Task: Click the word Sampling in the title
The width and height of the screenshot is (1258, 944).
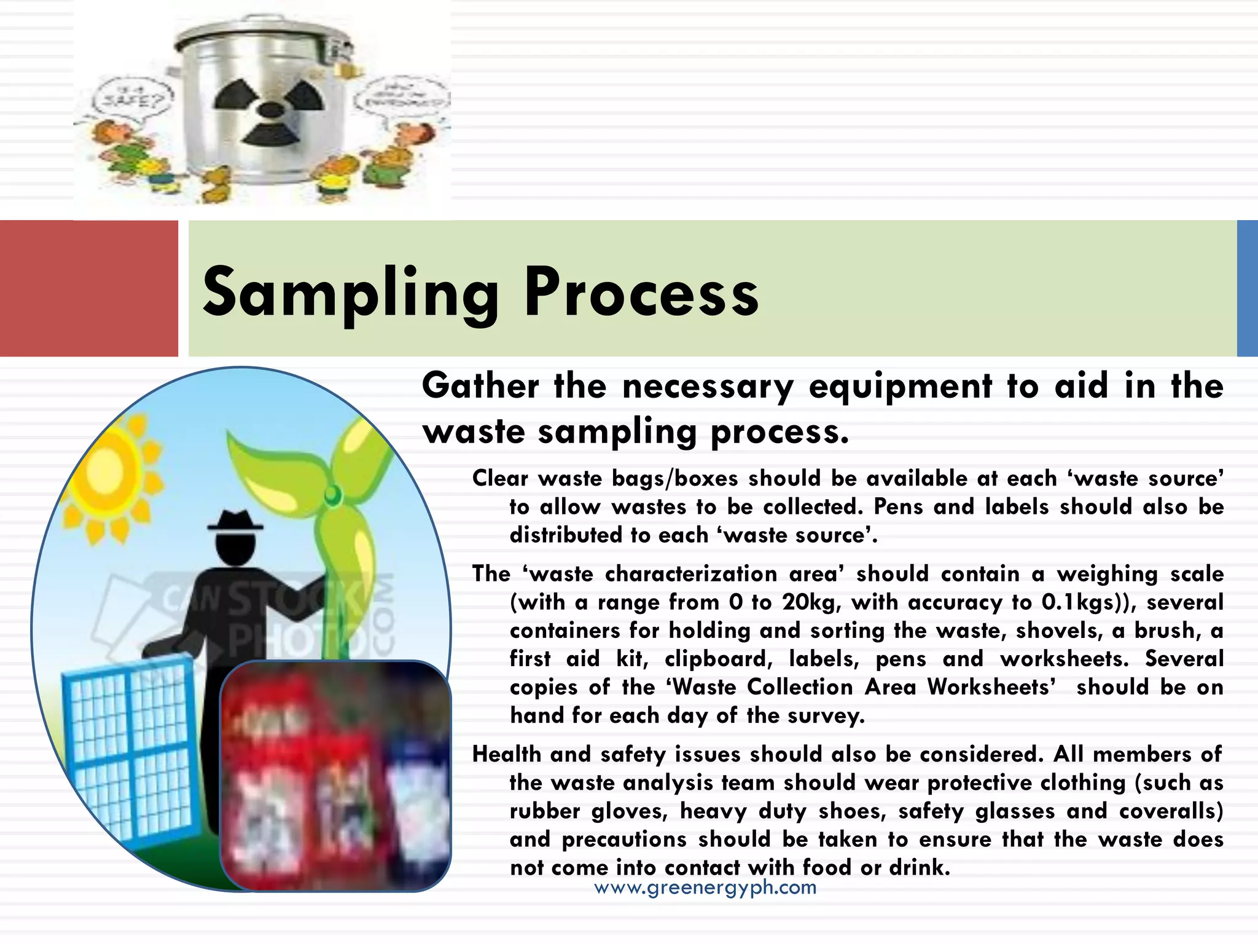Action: [x=350, y=293]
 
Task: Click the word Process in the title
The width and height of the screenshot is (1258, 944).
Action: [x=641, y=293]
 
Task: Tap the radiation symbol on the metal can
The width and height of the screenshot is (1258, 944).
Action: [x=270, y=111]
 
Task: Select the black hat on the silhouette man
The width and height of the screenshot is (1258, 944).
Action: [x=236, y=522]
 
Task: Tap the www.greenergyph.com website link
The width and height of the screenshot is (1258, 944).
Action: [x=705, y=887]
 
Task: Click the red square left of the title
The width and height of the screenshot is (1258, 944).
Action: [x=88, y=288]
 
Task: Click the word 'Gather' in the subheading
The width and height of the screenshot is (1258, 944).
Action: [x=480, y=387]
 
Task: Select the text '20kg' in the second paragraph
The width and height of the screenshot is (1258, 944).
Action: [x=810, y=602]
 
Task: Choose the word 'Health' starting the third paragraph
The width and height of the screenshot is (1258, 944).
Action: [x=506, y=754]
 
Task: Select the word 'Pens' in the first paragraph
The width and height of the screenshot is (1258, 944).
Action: [x=898, y=507]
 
